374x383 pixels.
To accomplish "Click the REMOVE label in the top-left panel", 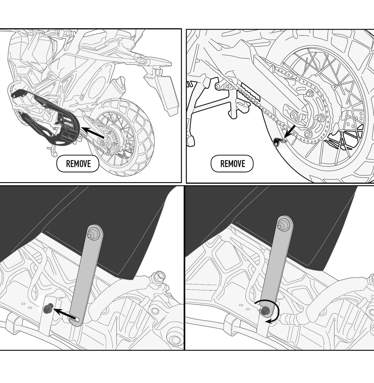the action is point(78,164).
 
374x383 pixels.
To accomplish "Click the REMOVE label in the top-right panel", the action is point(232,164).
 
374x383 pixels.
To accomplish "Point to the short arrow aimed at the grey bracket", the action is point(290,132).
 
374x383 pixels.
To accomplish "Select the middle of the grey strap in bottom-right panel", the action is point(275,268).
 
